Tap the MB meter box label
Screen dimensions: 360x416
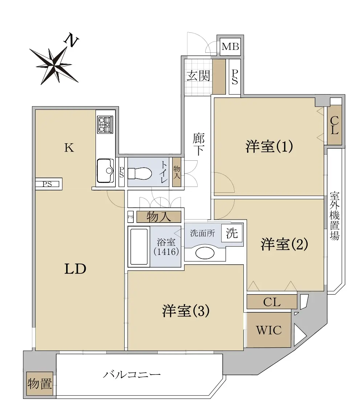pos(230,47)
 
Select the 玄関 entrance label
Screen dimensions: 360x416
pos(199,76)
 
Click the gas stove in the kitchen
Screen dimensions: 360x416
pos(105,124)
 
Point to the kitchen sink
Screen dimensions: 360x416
pos(105,171)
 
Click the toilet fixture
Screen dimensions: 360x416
pos(139,173)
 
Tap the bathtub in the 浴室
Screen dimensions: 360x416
pos(139,247)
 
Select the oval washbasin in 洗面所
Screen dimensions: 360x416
pos(205,253)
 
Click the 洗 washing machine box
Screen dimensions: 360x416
pos(232,233)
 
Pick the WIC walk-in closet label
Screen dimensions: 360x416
pos(268,330)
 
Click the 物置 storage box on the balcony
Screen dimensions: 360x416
pos(40,384)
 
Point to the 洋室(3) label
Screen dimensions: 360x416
pos(186,311)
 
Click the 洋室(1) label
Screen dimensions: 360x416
pos(269,146)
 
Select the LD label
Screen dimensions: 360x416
pos(75,269)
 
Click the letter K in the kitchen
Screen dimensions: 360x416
pos(69,148)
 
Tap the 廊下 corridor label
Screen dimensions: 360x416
pos(199,144)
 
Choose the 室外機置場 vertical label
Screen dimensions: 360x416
pos(335,216)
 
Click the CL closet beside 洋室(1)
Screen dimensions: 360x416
pos(334,125)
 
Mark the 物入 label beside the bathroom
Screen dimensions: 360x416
pos(159,217)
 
